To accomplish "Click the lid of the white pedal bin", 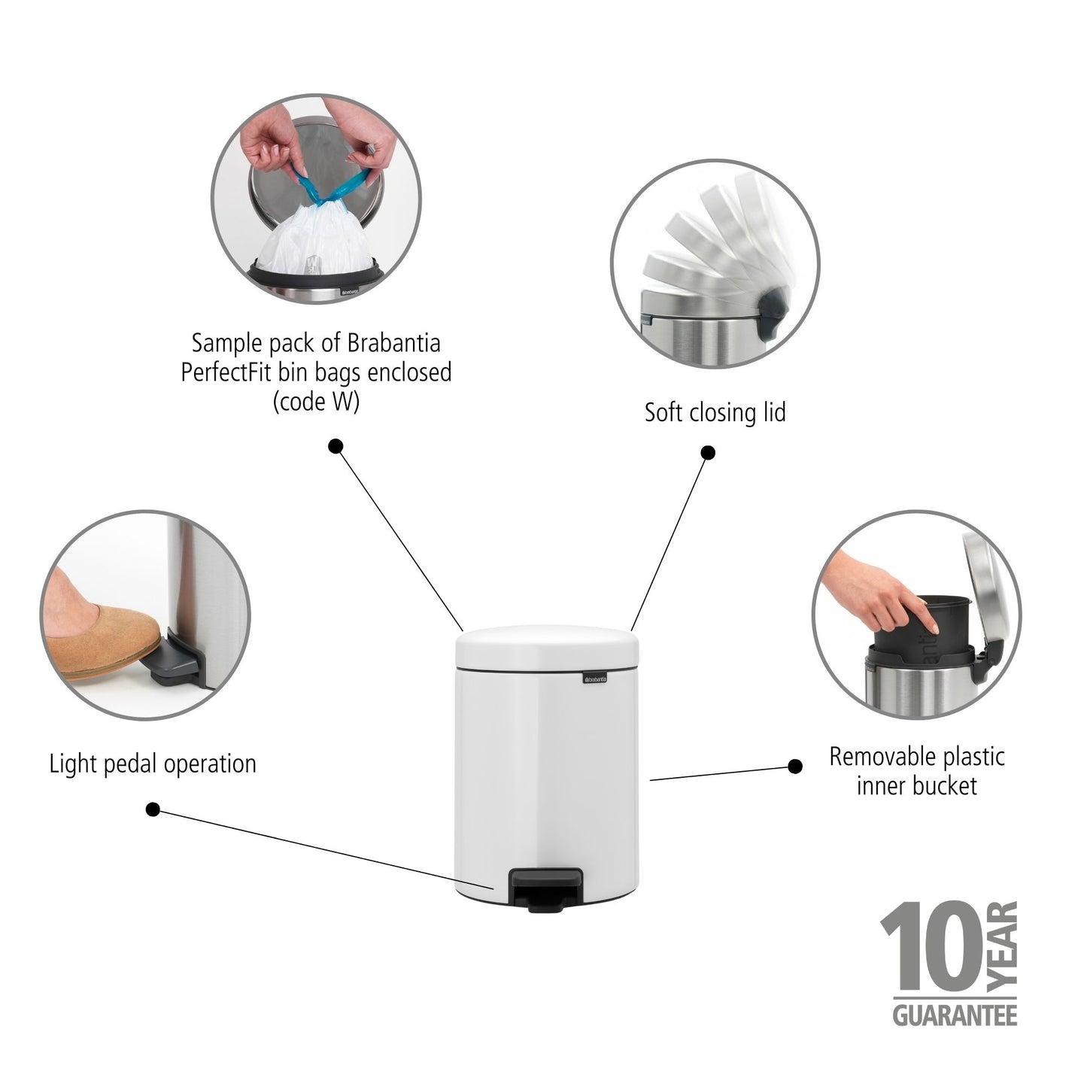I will (x=548, y=648).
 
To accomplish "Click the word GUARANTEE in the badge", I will (x=955, y=1016).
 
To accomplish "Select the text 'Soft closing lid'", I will (x=715, y=412).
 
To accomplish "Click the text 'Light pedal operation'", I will (x=153, y=764).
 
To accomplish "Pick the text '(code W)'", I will (x=316, y=402).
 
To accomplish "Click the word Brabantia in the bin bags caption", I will (x=391, y=343).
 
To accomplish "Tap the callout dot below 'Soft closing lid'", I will (x=708, y=453).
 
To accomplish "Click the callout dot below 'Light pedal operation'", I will (x=153, y=809).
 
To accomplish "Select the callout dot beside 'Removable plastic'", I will (x=794, y=767).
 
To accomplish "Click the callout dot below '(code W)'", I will (x=336, y=446).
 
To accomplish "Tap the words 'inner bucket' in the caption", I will (x=916, y=786).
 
